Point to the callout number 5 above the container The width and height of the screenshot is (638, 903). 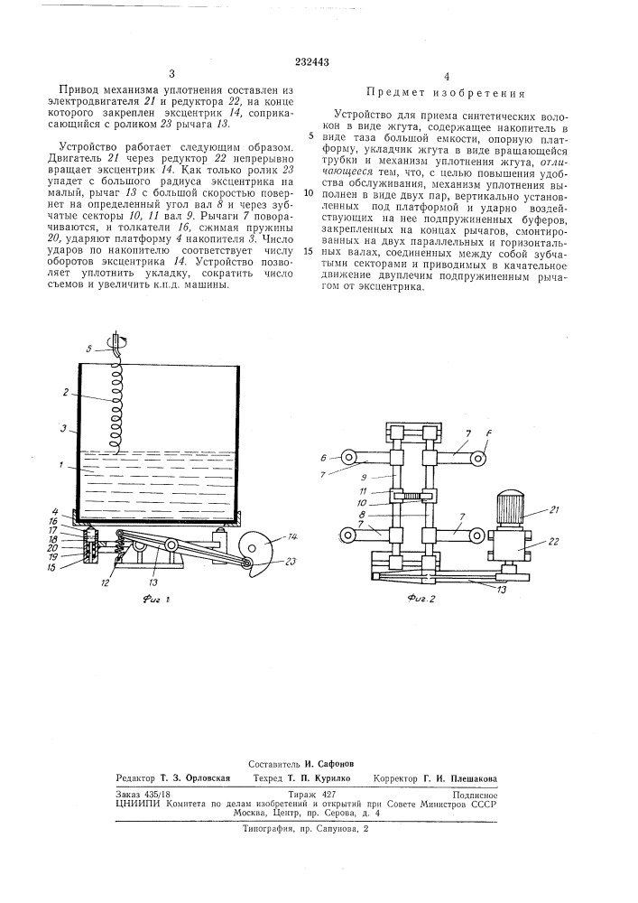coord(88,349)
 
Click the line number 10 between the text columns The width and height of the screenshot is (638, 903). coord(310,193)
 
